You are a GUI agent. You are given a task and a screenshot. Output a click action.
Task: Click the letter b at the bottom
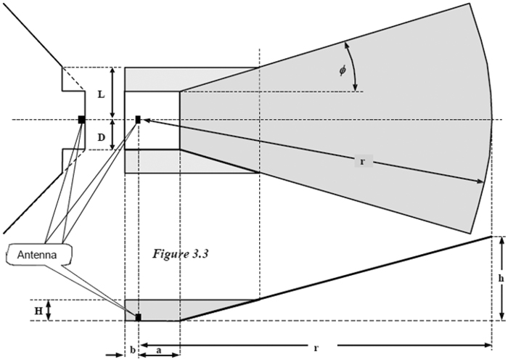point(132,349)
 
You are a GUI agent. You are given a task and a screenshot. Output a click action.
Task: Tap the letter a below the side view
point(159,349)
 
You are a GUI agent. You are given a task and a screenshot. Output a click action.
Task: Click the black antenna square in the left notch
point(82,119)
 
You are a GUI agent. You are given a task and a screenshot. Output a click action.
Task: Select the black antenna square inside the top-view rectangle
point(138,119)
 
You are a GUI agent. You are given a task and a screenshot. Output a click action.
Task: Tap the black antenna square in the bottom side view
point(138,317)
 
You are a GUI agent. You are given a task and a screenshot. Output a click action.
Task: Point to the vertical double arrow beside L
point(113,93)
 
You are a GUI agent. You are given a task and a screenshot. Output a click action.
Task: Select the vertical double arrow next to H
point(48,311)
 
